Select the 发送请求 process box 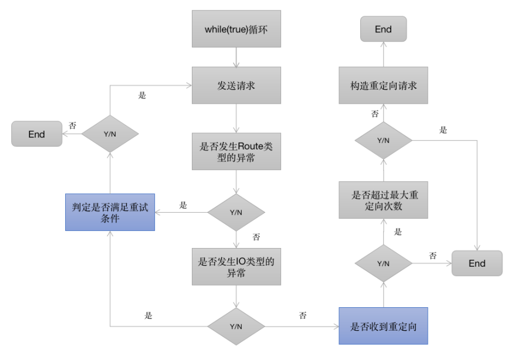(236, 86)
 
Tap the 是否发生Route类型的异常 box (236, 152)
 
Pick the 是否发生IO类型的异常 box (236, 267)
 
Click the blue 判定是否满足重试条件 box (110, 212)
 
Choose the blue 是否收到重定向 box (383, 326)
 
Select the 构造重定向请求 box (383, 86)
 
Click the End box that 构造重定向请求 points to (383, 29)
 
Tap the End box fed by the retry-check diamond (36, 134)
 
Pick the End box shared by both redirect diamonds (477, 263)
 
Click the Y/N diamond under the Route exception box (236, 212)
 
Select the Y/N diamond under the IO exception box (236, 326)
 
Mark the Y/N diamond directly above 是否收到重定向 (383, 263)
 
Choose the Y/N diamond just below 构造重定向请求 (383, 140)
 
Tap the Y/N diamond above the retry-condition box (110, 134)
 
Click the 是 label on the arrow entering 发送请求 (142, 95)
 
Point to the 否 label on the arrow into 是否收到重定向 (303, 315)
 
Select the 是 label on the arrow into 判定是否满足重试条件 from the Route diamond (183, 205)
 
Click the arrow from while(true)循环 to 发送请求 (236, 57)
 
